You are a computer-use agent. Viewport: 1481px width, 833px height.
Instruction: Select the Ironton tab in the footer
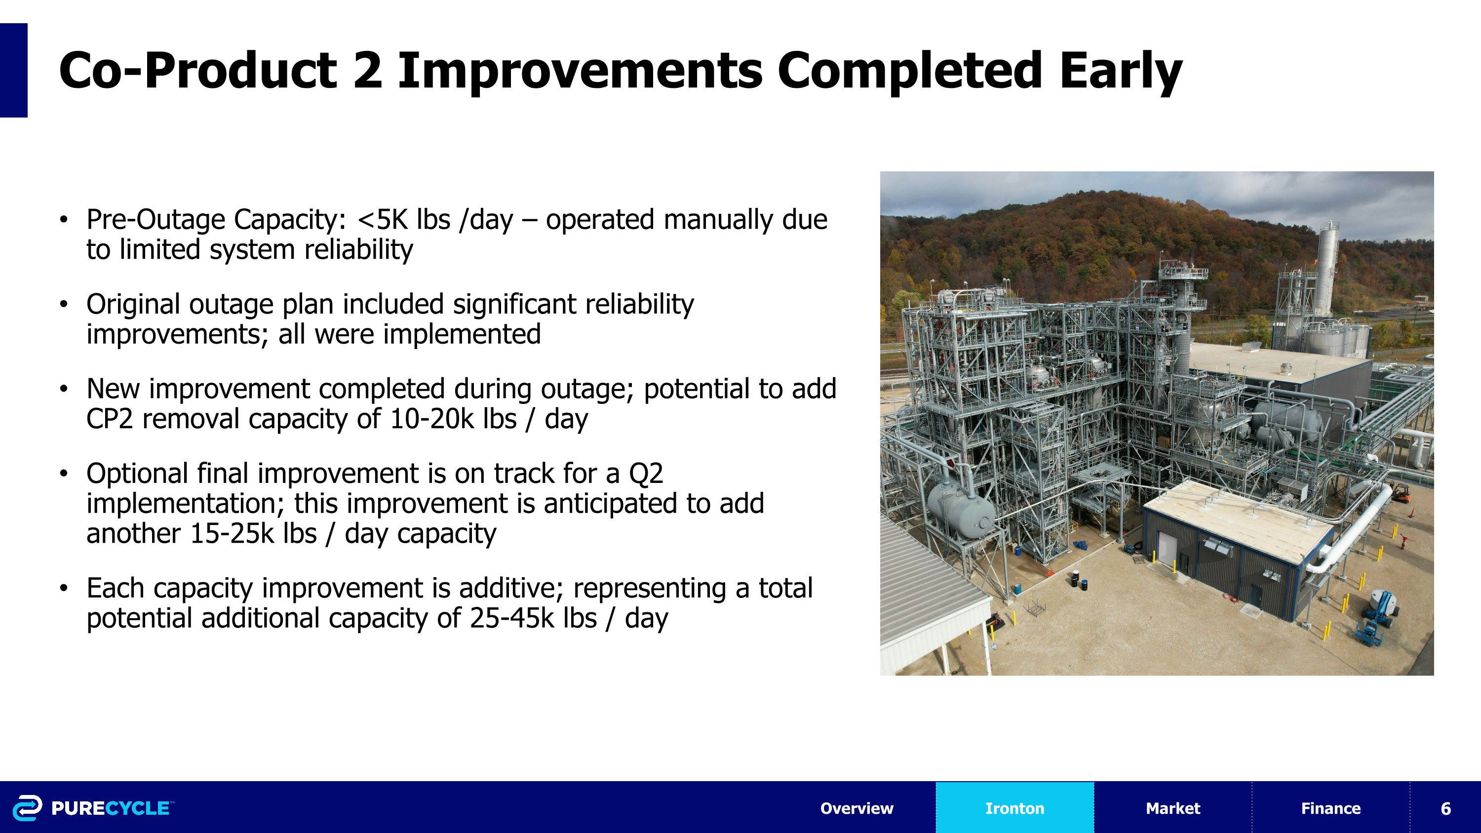coord(1015,808)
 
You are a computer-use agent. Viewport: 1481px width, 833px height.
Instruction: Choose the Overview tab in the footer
coord(857,808)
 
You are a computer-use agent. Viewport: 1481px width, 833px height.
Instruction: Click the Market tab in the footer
coord(1173,808)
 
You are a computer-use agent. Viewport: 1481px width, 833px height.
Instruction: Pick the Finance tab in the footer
coord(1330,808)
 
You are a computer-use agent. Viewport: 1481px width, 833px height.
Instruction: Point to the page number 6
coord(1446,808)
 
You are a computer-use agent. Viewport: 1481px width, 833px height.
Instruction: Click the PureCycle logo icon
coord(27,808)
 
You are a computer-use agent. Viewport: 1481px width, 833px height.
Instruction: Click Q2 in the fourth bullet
coord(646,474)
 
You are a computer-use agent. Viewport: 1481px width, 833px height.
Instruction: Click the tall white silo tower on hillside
coord(1327,270)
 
